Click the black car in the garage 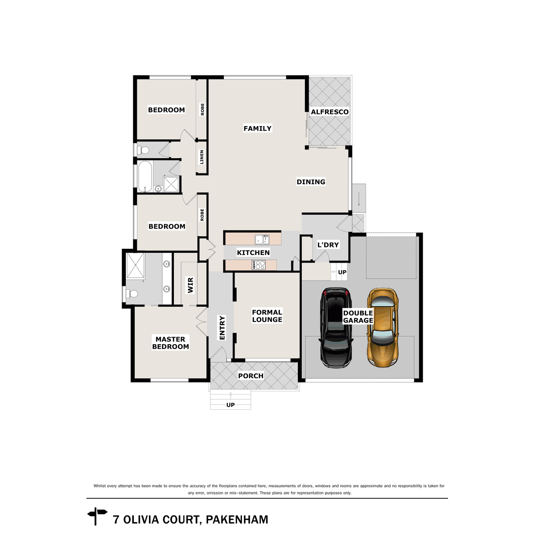(337, 329)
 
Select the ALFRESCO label (329, 112)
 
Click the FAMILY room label (257, 128)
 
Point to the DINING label (311, 182)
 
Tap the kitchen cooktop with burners (259, 265)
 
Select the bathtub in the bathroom (145, 176)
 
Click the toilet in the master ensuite (131, 294)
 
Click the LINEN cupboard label (202, 157)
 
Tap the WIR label (191, 285)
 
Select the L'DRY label (328, 245)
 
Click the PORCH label (251, 376)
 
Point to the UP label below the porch (230, 405)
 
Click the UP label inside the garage (342, 272)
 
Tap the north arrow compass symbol (97, 516)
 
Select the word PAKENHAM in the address (237, 520)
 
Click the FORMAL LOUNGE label (267, 316)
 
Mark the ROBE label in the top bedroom (202, 110)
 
